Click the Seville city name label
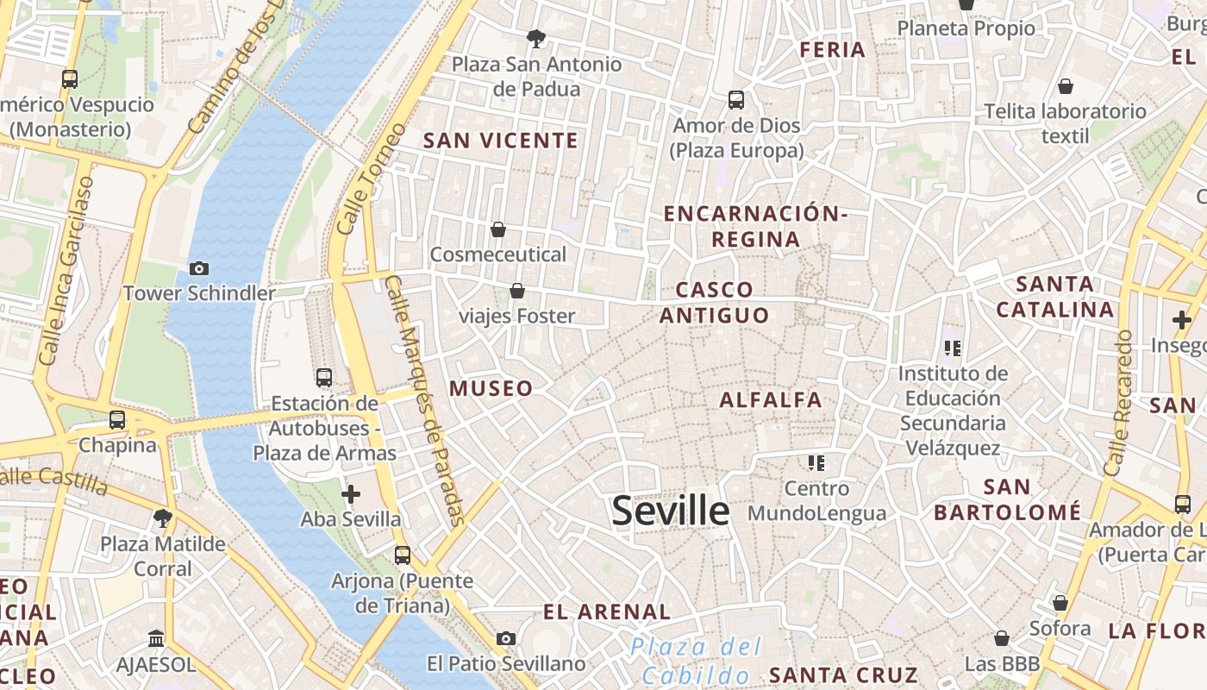tap(670, 511)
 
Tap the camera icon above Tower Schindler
tap(199, 268)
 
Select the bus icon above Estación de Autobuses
tap(324, 378)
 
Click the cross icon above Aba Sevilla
tap(351, 494)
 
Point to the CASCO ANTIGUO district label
tap(714, 303)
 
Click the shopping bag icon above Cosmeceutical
tap(497, 229)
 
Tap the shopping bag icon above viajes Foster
tap(517, 292)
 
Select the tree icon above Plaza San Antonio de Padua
tap(536, 39)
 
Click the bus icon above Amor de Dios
tap(736, 100)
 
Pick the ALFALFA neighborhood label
tap(771, 400)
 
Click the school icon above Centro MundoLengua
tap(816, 463)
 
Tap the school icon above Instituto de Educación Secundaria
tap(953, 348)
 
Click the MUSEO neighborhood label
tap(491, 389)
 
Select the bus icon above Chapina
tap(117, 420)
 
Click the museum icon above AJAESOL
tap(156, 639)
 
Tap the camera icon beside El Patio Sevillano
tap(506, 638)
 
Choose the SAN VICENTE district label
tap(500, 141)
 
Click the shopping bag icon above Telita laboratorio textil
tap(1066, 87)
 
